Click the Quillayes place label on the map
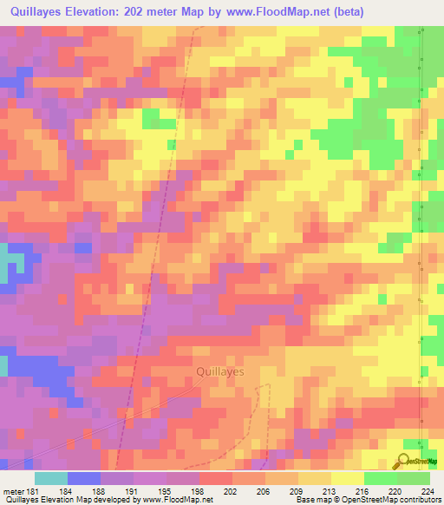click(x=216, y=371)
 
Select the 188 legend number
click(x=101, y=491)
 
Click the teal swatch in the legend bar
click(x=51, y=478)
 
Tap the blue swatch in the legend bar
click(x=84, y=478)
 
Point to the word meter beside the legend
click(x=14, y=491)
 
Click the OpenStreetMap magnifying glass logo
click(x=403, y=462)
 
